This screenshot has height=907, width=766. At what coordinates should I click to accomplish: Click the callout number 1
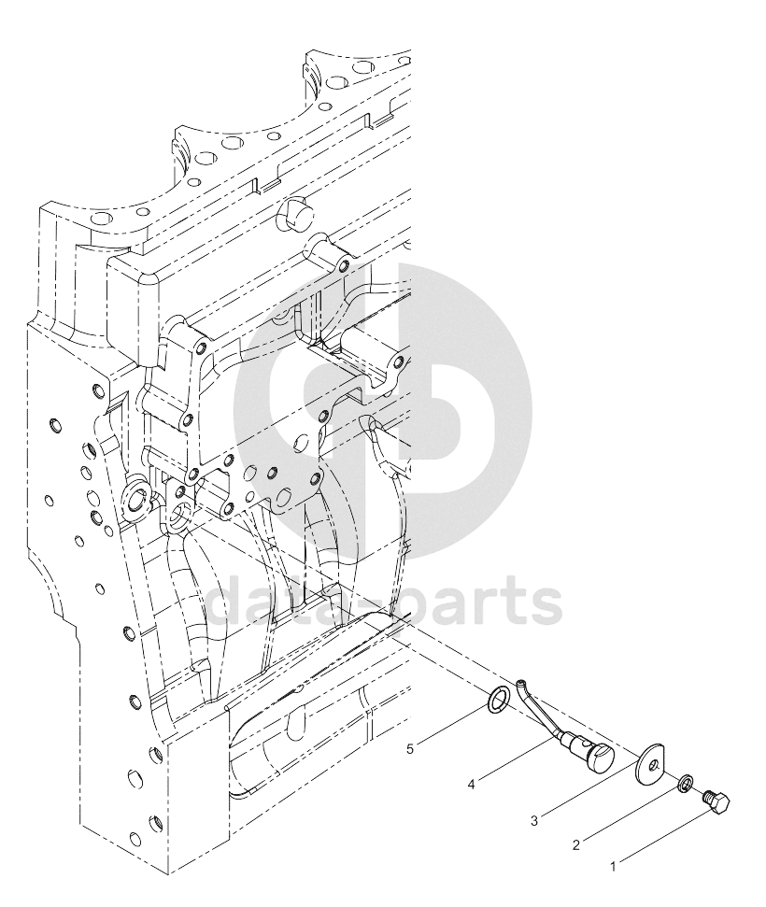point(613,867)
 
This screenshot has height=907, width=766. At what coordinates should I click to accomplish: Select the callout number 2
point(575,845)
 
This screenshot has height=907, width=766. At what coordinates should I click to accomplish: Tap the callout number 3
point(534,820)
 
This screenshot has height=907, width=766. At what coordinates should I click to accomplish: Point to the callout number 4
point(472,785)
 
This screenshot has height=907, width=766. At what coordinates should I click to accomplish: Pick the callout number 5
point(410,749)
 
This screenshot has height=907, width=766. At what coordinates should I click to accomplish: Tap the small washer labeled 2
point(684,785)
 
